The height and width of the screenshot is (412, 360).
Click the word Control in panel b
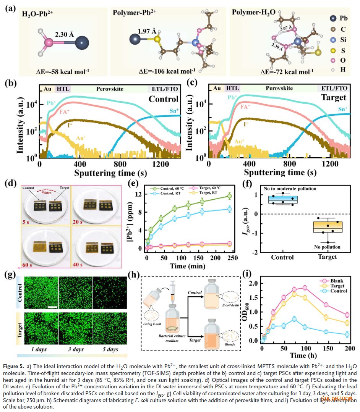164,99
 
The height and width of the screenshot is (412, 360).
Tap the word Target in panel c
334,98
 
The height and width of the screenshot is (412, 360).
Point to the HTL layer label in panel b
63,88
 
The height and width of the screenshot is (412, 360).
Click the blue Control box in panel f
282,200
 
